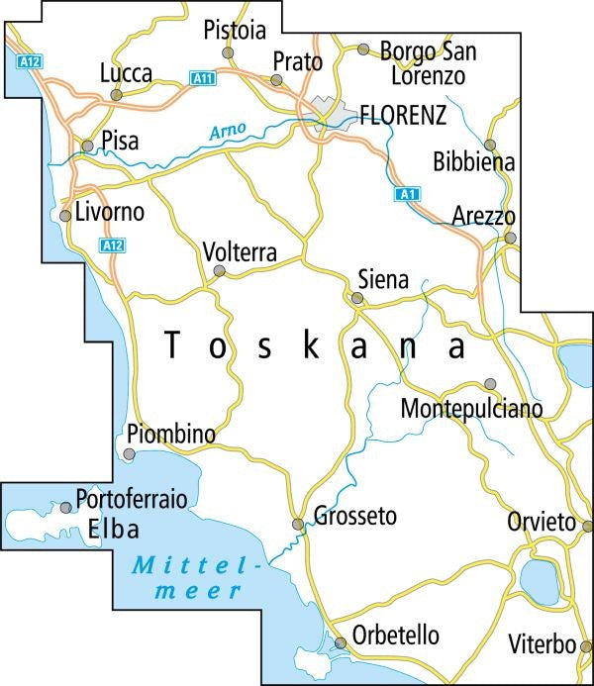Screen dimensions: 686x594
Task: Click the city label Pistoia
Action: coord(235,31)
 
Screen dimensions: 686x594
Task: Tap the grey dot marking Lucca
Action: coord(117,95)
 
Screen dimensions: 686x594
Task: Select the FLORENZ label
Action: coord(403,114)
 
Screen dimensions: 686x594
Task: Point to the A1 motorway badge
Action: coord(404,195)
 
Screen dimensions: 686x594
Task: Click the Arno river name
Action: coord(228,130)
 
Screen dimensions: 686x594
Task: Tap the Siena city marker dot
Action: coord(357,297)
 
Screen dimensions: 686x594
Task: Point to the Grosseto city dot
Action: coord(297,524)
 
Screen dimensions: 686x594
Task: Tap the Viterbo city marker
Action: coord(586,646)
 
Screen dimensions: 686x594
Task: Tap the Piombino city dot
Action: coord(130,453)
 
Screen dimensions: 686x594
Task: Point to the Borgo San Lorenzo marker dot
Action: coord(363,49)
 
